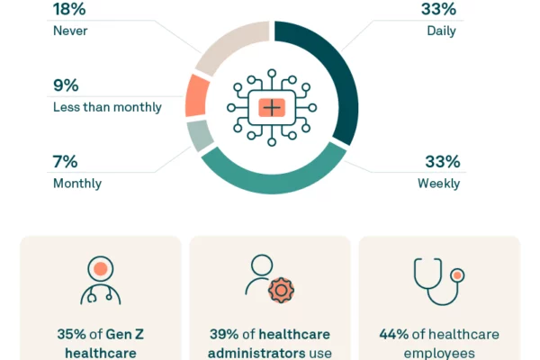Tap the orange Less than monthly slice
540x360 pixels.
pyautogui.click(x=196, y=95)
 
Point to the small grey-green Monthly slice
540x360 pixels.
pyautogui.click(x=201, y=135)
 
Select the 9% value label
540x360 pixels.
pyautogui.click(x=66, y=86)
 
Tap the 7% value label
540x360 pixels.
pyautogui.click(x=65, y=162)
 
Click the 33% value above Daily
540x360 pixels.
pyautogui.click(x=438, y=10)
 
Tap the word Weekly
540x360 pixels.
pyautogui.click(x=438, y=184)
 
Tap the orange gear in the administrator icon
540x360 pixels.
pyautogui.click(x=282, y=291)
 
